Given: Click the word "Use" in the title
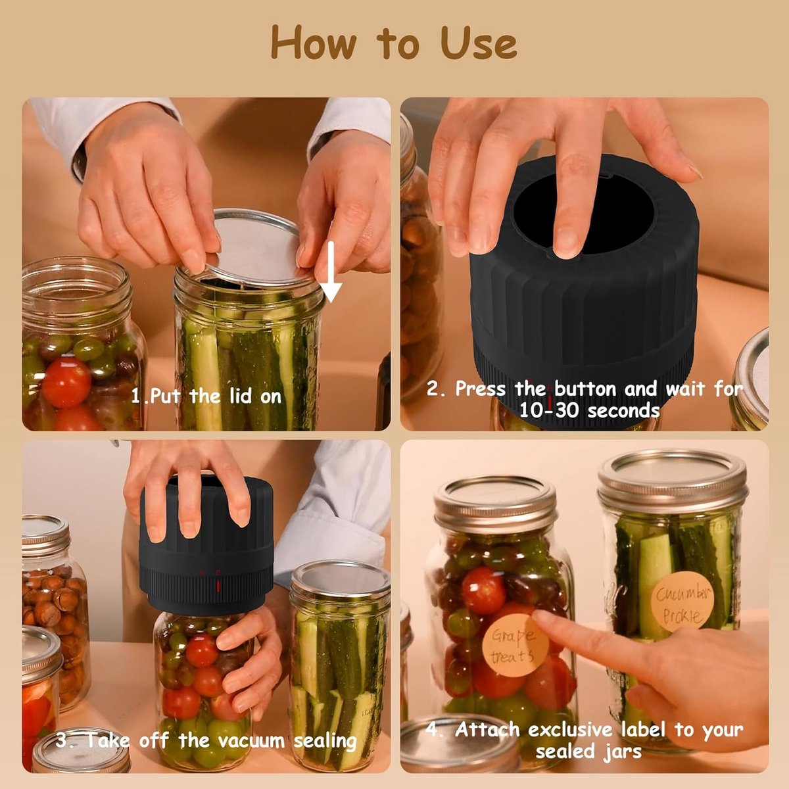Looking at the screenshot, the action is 478,43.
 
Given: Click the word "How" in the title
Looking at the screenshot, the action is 313,43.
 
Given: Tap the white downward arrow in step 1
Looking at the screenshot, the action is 331,272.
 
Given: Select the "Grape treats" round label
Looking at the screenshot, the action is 515,646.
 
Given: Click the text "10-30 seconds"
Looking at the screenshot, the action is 590,410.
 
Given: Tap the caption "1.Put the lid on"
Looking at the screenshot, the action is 206,396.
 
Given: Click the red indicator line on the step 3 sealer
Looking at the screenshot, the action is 218,586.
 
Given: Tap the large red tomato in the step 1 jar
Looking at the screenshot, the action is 66,382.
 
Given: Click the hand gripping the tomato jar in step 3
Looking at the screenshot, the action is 250,659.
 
